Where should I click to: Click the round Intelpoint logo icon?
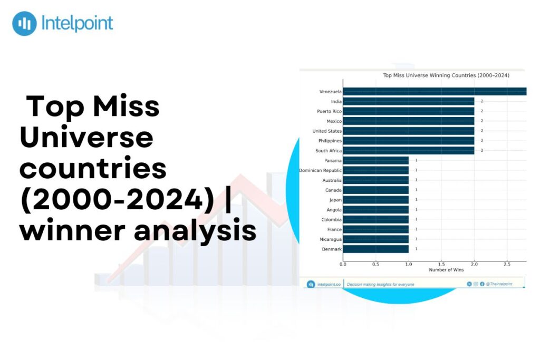[x=24, y=24]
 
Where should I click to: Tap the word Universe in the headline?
[x=86, y=138]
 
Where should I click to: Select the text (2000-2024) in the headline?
[x=117, y=200]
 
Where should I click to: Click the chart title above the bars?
[x=446, y=75]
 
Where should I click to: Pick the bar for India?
[x=408, y=101]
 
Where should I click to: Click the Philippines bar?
[x=408, y=141]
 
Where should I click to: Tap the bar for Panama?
[x=375, y=160]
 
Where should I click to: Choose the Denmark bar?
[x=375, y=249]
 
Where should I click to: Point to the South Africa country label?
[x=328, y=151]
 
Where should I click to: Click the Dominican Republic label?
[x=320, y=170]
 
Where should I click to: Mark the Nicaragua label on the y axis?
[x=331, y=239]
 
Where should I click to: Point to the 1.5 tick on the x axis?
[x=441, y=264]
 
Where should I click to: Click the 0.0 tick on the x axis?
[x=343, y=264]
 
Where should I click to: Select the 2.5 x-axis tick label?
[x=506, y=264]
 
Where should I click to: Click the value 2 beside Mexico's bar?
[x=481, y=121]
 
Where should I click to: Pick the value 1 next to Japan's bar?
[x=416, y=200]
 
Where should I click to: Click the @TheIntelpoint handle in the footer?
[x=499, y=284]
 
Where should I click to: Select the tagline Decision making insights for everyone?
[x=380, y=285]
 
